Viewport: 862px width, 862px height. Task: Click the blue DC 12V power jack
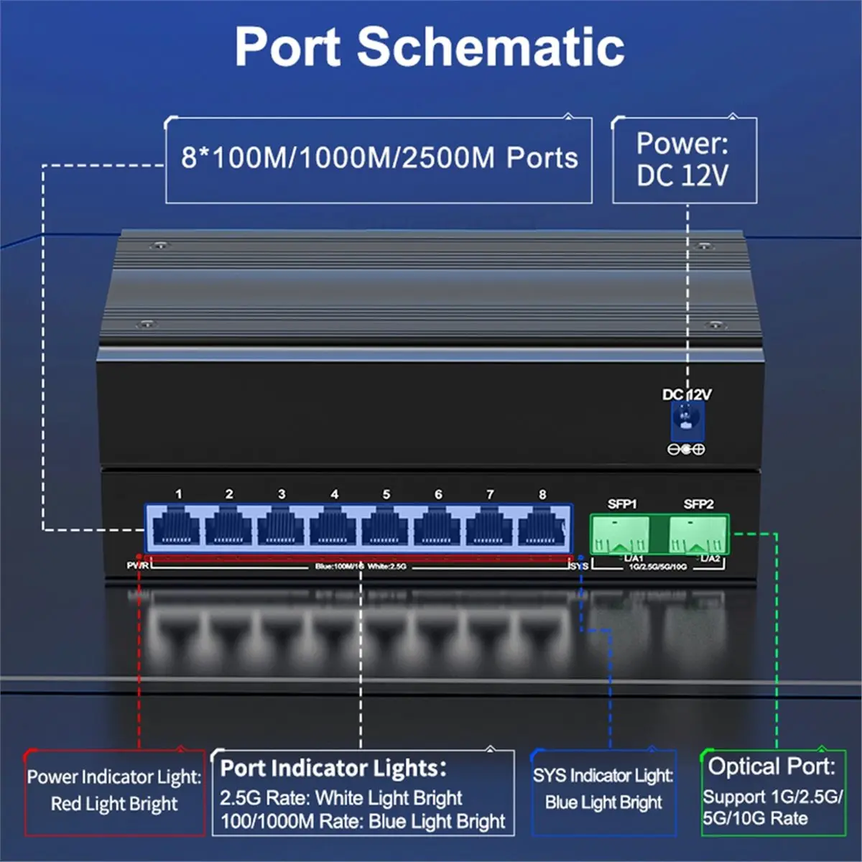coord(687,421)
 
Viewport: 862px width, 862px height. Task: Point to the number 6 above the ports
coord(438,494)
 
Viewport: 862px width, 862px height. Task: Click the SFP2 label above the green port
coord(698,504)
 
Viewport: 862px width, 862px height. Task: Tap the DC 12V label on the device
coord(687,394)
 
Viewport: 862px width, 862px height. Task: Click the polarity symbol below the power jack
coord(687,450)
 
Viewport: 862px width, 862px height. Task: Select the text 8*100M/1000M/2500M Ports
coord(379,158)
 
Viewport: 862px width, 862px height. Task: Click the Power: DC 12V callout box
coord(684,159)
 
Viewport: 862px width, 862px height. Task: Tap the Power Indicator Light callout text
coord(114,789)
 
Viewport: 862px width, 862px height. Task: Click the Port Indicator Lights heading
coord(333,768)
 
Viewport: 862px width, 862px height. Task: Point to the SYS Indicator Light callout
coord(603,789)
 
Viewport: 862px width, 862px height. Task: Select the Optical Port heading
coord(771,766)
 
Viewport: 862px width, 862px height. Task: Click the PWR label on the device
coord(137,565)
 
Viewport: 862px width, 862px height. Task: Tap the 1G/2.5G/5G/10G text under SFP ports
coord(657,567)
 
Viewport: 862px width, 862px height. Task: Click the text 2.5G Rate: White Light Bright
coord(341,798)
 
